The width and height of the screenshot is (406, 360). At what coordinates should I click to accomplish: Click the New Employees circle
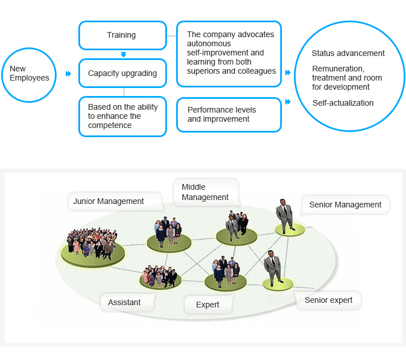[29, 75]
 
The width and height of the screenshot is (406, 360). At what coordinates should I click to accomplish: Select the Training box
[122, 35]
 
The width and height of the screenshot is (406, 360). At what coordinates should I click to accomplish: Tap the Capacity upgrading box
[122, 73]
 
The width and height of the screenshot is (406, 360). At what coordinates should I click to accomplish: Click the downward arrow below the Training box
[124, 54]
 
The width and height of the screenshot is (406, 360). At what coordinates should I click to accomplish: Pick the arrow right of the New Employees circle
[69, 74]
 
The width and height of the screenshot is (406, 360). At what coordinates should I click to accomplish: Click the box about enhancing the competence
[122, 116]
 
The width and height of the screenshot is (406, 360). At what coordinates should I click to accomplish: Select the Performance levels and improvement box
[229, 115]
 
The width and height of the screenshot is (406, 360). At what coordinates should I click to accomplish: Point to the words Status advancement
[348, 53]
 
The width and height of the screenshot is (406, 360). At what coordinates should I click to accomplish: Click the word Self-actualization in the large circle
[343, 103]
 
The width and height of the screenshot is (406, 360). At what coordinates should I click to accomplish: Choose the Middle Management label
[206, 193]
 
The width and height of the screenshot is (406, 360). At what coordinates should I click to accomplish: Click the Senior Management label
[345, 205]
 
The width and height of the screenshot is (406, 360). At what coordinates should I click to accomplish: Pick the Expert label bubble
[208, 305]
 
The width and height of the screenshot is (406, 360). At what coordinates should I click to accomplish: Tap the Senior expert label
[329, 300]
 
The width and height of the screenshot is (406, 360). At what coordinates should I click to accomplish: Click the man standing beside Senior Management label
[285, 217]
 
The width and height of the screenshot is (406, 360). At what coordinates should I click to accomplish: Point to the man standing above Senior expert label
[273, 268]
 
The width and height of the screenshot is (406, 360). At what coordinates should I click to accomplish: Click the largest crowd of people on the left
[91, 243]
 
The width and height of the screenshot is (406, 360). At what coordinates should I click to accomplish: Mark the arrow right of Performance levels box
[288, 102]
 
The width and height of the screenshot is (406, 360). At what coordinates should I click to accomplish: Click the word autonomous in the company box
[209, 43]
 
